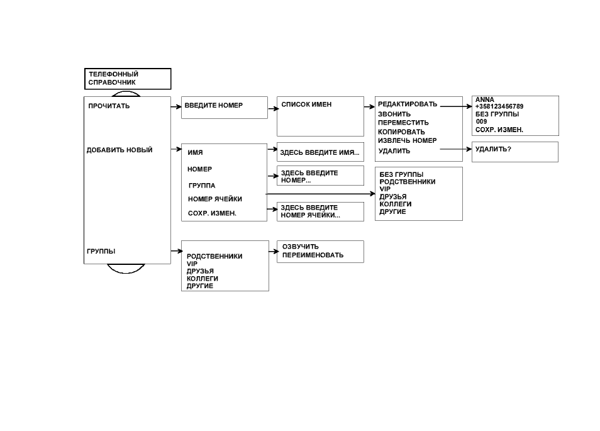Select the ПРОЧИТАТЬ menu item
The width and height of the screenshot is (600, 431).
click(109, 106)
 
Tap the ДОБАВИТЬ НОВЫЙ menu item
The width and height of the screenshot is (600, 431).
click(119, 150)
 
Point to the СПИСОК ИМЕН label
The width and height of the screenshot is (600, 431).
click(306, 104)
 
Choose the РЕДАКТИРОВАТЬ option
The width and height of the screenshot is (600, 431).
click(408, 104)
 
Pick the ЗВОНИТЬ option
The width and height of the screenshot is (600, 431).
click(394, 114)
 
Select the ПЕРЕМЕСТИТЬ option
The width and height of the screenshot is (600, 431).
click(403, 123)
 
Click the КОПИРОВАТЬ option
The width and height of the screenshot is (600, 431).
click(401, 132)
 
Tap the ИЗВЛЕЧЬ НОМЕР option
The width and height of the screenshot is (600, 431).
click(407, 140)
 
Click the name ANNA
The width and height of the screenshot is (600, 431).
click(484, 99)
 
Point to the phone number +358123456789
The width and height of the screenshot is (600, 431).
click(499, 106)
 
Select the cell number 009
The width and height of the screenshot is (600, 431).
click(481, 121)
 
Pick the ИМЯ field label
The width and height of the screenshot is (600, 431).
click(195, 152)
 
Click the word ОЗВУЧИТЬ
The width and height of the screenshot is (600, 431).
click(301, 247)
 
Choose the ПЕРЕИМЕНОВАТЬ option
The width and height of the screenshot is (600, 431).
click(313, 255)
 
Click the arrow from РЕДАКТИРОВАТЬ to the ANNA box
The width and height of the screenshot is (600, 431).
click(456, 106)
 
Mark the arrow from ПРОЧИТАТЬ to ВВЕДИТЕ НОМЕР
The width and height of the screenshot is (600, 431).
click(176, 107)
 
